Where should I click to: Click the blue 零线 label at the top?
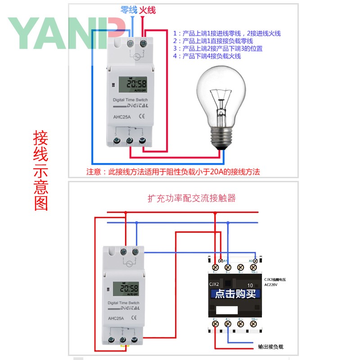click(128, 10)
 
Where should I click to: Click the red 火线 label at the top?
click(148, 10)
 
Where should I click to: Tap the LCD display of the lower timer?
click(129, 288)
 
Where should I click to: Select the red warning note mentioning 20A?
click(173, 171)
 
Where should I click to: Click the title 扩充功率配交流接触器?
click(192, 198)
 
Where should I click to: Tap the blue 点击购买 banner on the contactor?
click(235, 294)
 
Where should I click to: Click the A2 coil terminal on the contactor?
click(255, 261)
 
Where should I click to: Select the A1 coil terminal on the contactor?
click(221, 261)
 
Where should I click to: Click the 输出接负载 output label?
click(270, 347)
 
